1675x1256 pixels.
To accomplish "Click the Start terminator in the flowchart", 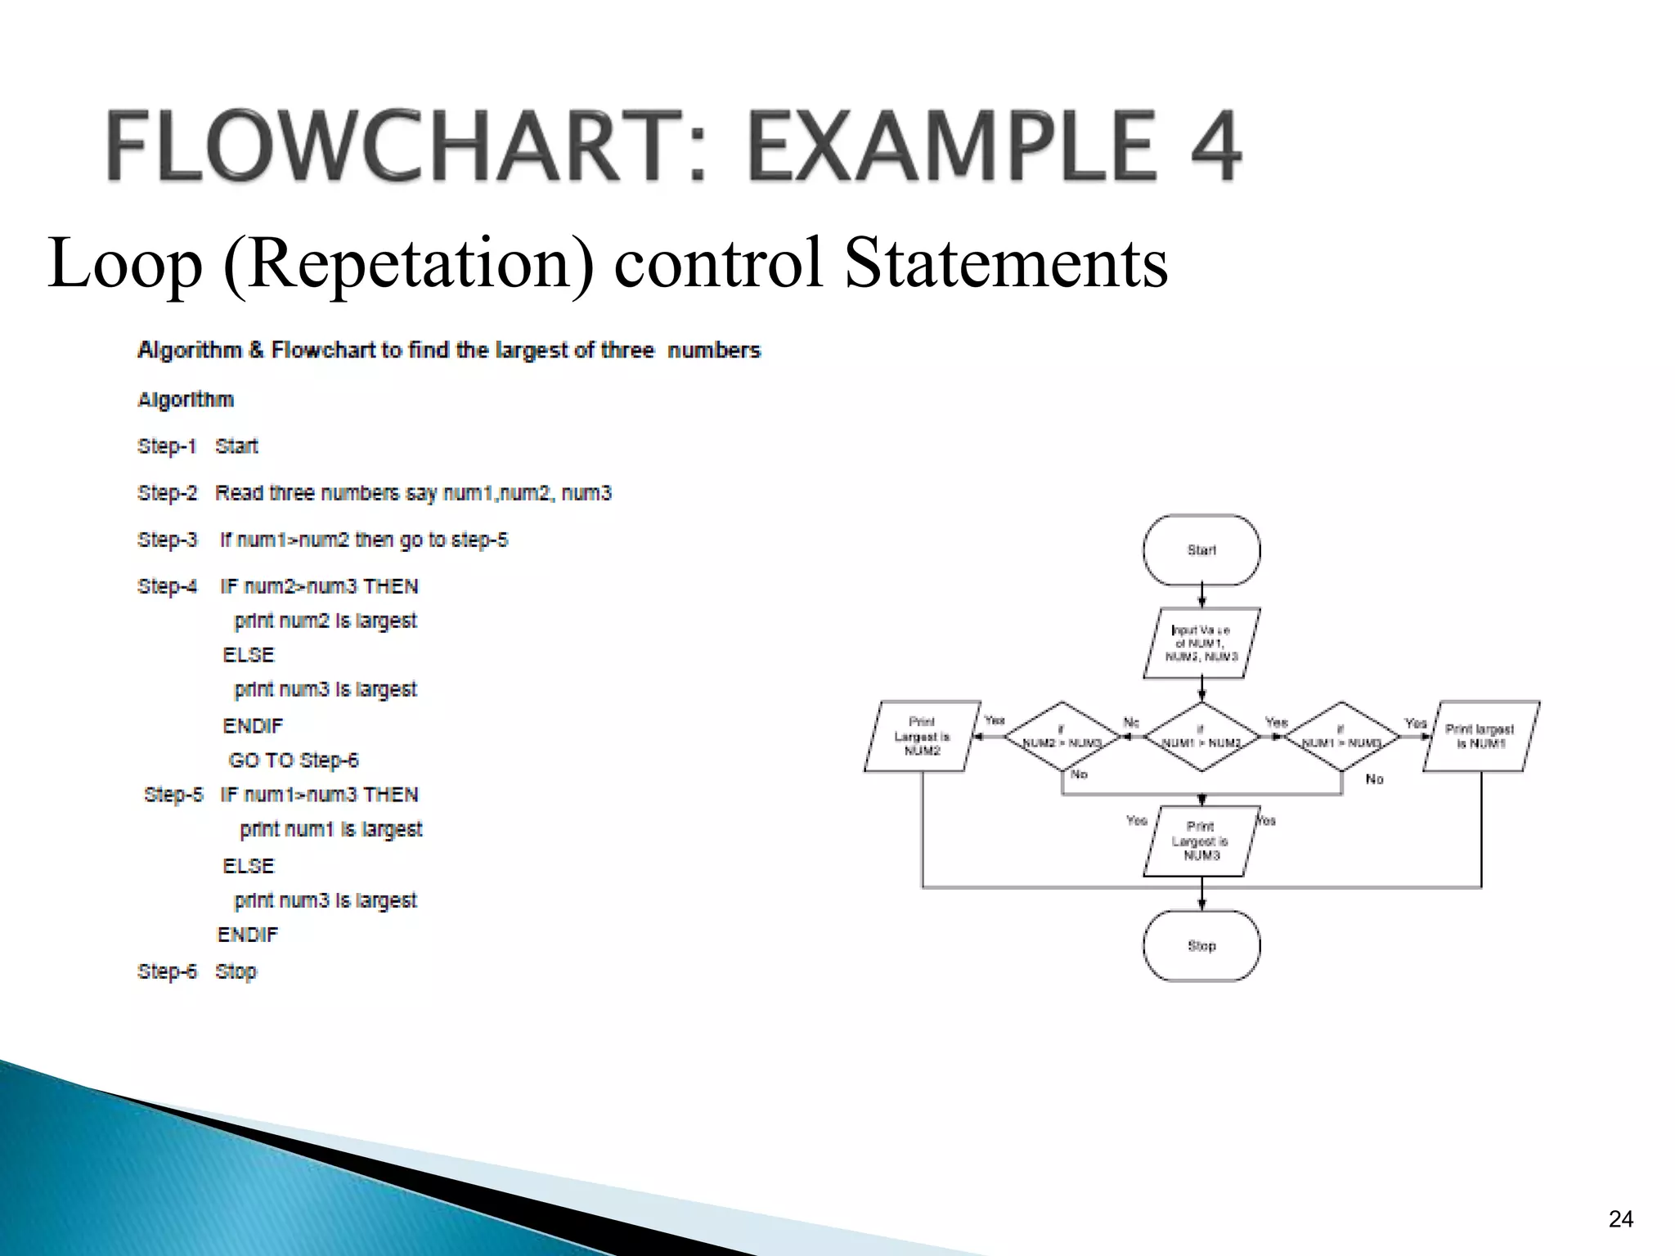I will (1201, 550).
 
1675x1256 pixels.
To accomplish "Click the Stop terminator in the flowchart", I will (1201, 946).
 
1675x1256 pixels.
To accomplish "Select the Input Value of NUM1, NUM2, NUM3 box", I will (1201, 644).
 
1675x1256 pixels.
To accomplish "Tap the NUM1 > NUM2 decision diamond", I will (1201, 737).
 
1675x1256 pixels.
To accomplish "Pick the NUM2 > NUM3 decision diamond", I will (1062, 737).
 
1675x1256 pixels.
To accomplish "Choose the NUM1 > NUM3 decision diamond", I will (1341, 737).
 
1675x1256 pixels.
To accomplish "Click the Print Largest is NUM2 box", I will (922, 737).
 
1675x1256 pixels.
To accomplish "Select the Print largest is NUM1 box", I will (1481, 737).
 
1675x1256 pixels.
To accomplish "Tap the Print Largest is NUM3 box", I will (1201, 841).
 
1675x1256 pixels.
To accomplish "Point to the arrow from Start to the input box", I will (1201, 596).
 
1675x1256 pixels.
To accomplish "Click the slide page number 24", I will (1620, 1219).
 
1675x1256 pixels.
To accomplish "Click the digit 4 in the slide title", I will (1210, 147).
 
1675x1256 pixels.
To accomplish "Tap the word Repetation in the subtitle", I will (408, 263).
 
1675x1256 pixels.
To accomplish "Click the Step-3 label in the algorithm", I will (168, 541).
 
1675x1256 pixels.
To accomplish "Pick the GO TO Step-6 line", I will (294, 760).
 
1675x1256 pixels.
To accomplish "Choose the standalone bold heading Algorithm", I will (186, 400).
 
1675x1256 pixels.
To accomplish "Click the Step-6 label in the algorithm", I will (168, 971).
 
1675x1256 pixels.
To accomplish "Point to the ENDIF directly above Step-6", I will (247, 935).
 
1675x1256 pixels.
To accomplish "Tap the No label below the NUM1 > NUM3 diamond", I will (1374, 779).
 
